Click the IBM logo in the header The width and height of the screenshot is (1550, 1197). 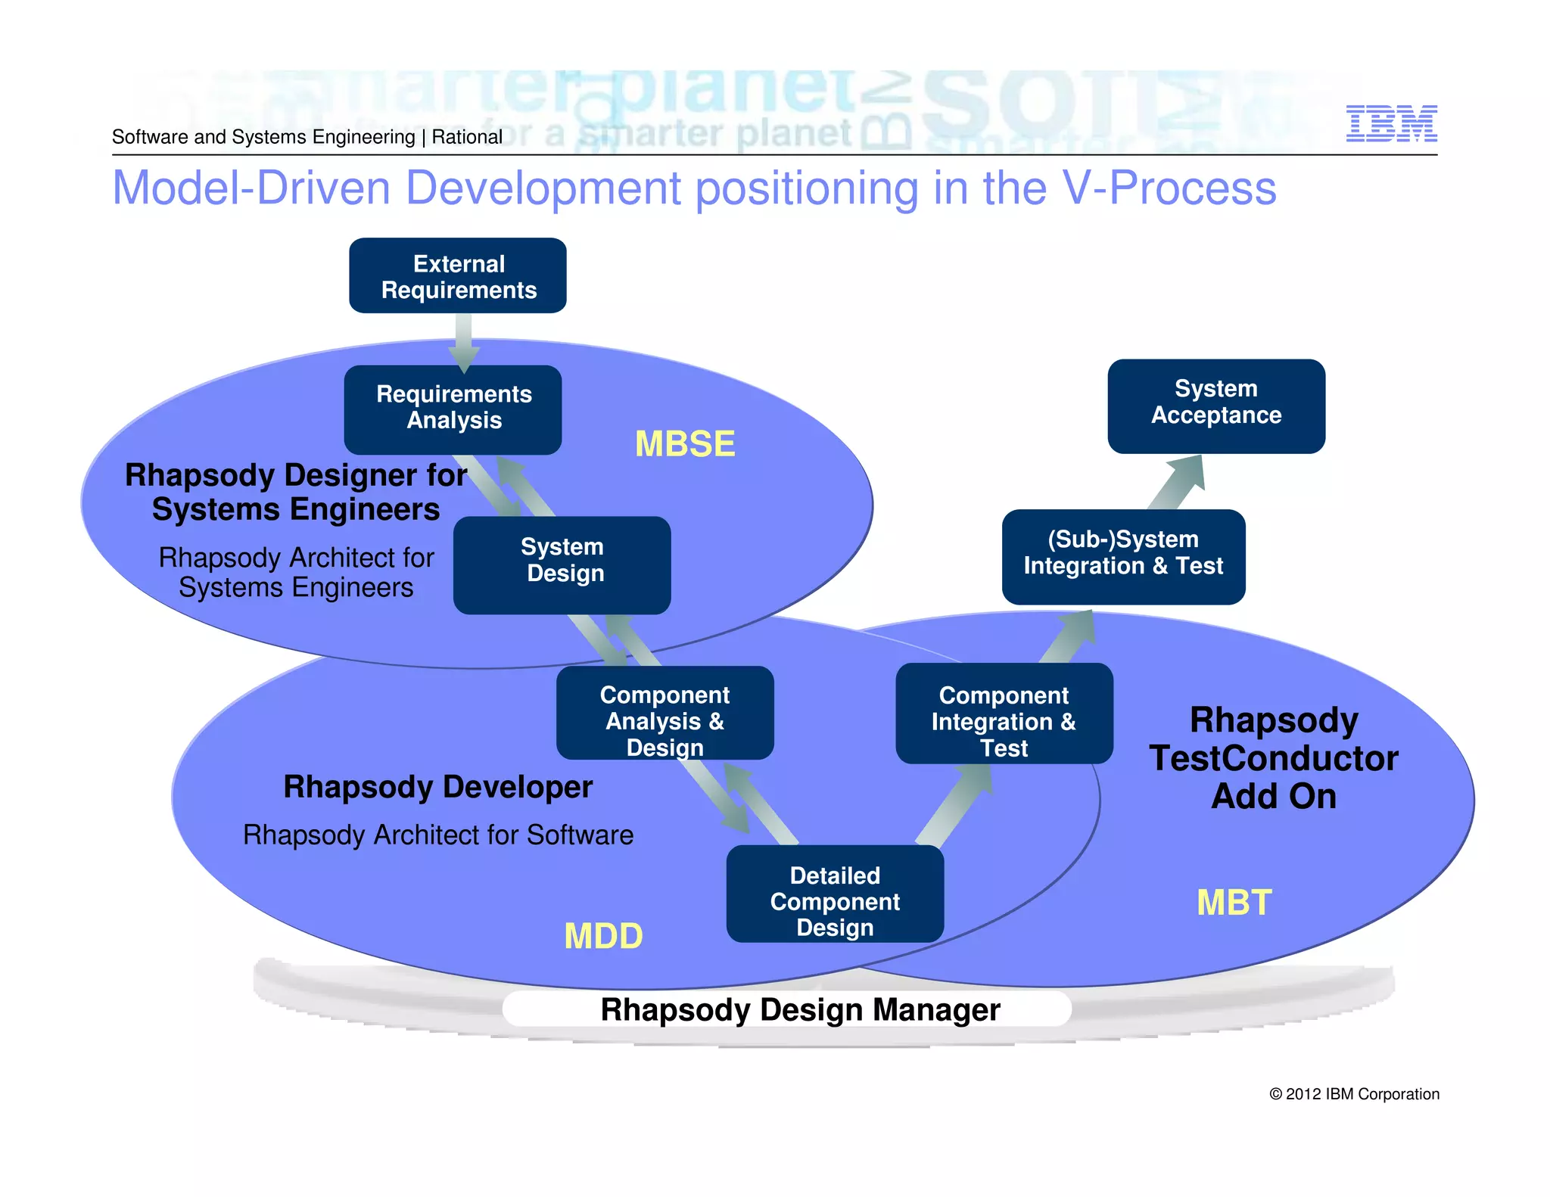tap(1391, 123)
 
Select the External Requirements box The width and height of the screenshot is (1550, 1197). tap(458, 276)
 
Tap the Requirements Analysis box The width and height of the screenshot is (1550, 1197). tap(453, 408)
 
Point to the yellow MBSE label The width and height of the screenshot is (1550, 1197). tap(684, 444)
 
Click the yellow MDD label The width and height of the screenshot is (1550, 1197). tap(603, 936)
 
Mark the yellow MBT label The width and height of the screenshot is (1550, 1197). tap(1234, 903)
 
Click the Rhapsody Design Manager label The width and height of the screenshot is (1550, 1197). tap(800, 1010)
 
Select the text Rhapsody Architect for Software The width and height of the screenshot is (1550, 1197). tap(438, 835)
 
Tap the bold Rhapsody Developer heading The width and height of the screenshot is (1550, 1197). tap(437, 787)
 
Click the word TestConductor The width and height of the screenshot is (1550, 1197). tap(1273, 759)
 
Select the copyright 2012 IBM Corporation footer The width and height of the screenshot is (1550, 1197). tap(1354, 1094)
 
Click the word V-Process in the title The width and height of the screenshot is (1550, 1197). tap(1169, 188)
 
